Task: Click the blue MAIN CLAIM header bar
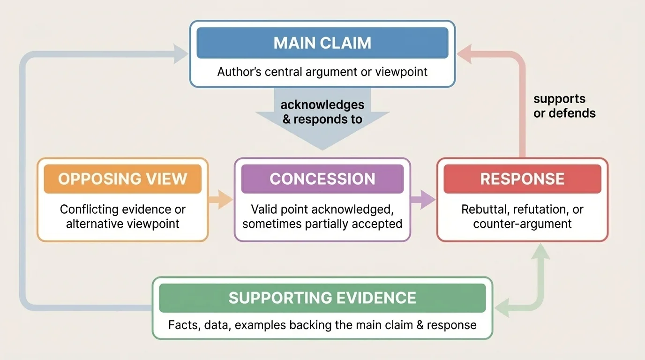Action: pyautogui.click(x=322, y=43)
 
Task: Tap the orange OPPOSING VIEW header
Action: pyautogui.click(x=122, y=179)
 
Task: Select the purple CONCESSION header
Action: pyautogui.click(x=322, y=179)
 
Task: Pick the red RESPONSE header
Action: pyautogui.click(x=522, y=179)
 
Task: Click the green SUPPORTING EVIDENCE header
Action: pyautogui.click(x=322, y=298)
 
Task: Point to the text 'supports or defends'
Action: pyautogui.click(x=564, y=106)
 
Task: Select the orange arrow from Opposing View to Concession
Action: pyautogui.click(x=221, y=200)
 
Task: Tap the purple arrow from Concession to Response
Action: pyautogui.click(x=423, y=200)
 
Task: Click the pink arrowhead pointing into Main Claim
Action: pyautogui.click(x=465, y=54)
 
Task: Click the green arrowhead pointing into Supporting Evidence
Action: pyautogui.click(x=503, y=308)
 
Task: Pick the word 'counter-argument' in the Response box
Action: pyautogui.click(x=522, y=224)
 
